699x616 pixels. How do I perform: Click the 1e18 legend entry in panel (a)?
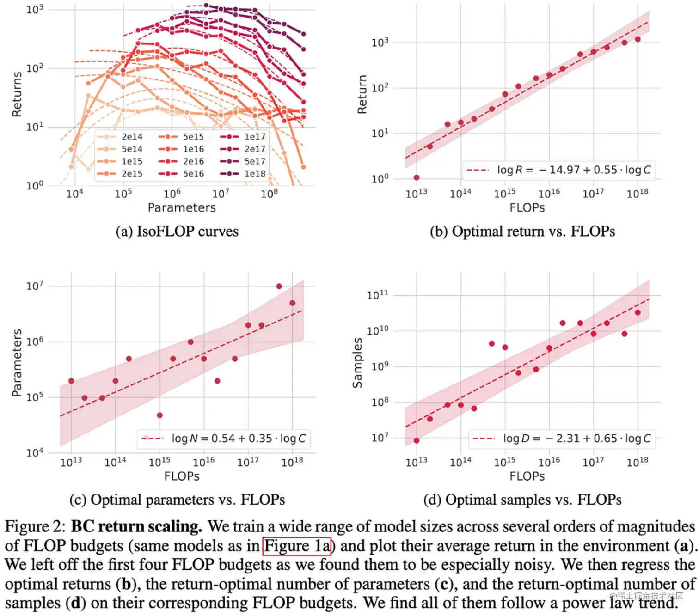(255, 174)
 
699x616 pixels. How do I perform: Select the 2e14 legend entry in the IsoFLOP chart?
(132, 137)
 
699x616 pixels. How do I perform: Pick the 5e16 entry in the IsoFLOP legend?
(193, 174)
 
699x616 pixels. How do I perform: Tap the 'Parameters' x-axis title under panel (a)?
(182, 207)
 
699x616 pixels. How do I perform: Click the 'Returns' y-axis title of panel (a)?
(17, 94)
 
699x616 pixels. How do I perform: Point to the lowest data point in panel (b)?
(417, 177)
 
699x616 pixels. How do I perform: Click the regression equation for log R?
(573, 170)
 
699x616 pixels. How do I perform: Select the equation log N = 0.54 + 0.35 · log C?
(238, 438)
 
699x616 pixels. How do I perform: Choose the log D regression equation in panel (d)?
(576, 438)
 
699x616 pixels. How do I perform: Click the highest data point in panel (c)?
(279, 287)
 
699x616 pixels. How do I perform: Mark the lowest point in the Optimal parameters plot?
(159, 415)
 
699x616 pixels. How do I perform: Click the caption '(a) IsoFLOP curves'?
(177, 231)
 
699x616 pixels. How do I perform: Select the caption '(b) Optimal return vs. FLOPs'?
(522, 231)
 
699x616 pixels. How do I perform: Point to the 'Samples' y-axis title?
(357, 362)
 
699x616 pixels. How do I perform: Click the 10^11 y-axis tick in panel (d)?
(377, 295)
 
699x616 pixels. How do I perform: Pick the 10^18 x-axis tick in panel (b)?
(638, 193)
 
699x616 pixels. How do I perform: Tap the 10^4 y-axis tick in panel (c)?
(35, 452)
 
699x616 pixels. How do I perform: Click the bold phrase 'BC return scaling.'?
(136, 526)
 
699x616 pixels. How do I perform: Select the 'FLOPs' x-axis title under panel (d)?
(527, 476)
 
